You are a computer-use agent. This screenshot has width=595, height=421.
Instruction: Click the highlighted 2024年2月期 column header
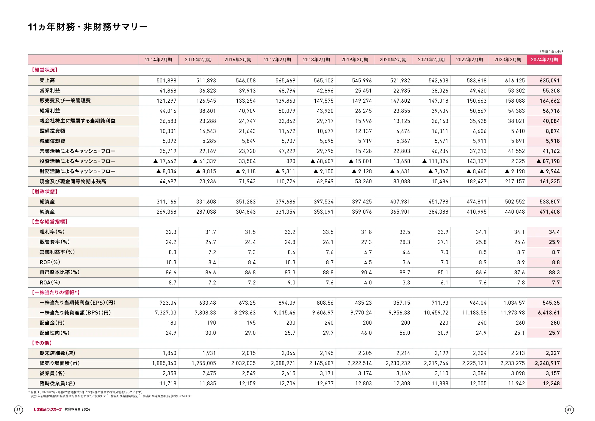(x=544, y=60)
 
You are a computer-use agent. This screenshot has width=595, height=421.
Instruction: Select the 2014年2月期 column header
(x=159, y=60)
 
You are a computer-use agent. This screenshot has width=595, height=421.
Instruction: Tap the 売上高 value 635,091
(x=549, y=81)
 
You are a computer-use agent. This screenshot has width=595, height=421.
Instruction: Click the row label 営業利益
(x=50, y=90)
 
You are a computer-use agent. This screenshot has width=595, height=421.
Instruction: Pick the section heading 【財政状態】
(x=45, y=192)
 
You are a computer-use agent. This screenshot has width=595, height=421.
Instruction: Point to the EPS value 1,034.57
(x=514, y=303)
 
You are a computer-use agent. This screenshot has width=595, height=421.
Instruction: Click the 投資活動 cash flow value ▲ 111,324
(x=435, y=161)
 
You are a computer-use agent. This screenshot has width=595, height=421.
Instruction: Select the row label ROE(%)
(x=50, y=262)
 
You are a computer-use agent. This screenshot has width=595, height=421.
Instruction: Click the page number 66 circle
(x=18, y=410)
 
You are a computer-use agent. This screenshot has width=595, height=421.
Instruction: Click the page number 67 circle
(x=569, y=410)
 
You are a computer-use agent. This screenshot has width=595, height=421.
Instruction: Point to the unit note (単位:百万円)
(x=551, y=51)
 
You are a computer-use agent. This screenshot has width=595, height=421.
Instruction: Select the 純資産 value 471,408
(x=549, y=212)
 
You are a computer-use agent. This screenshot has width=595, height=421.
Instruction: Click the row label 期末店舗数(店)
(x=57, y=353)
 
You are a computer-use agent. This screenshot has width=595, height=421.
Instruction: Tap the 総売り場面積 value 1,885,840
(x=164, y=363)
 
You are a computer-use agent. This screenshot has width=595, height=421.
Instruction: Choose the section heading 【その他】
(x=42, y=343)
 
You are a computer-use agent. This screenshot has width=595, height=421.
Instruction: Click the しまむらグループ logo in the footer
(x=48, y=410)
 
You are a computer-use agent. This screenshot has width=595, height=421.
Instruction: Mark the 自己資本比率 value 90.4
(x=366, y=273)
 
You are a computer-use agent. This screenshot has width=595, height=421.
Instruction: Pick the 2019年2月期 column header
(x=355, y=60)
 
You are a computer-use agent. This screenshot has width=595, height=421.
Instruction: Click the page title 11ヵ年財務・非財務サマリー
(x=88, y=27)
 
